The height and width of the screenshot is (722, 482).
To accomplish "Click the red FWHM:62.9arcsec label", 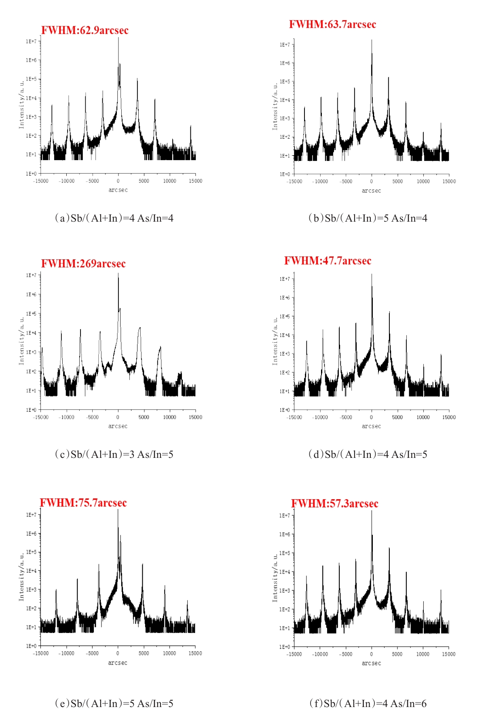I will click(85, 30).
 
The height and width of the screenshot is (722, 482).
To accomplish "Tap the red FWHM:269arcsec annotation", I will click(83, 264).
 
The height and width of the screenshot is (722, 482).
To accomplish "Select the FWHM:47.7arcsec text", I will click(328, 261).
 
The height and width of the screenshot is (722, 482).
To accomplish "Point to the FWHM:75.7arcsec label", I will click(83, 503).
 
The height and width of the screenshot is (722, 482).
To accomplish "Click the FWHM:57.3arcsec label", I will click(334, 504).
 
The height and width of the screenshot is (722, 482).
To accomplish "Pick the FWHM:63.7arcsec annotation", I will click(332, 24).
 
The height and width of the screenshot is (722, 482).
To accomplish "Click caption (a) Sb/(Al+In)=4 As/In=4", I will click(114, 218).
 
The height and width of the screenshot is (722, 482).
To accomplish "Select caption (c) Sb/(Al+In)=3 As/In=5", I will click(114, 455).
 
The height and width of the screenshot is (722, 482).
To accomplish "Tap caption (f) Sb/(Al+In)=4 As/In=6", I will click(368, 704).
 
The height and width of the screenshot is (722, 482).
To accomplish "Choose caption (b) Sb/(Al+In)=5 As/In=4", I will click(368, 218).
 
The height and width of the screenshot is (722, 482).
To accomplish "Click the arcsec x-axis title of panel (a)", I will click(118, 190).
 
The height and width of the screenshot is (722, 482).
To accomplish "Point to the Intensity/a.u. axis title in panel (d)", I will click(275, 341).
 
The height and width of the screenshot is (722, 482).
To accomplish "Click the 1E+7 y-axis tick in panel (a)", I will click(31, 41).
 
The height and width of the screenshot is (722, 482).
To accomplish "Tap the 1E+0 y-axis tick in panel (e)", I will click(31, 646).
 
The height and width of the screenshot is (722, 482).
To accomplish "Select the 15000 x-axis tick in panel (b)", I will click(449, 182).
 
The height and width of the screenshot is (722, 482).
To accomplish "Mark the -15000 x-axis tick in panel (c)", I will click(40, 417).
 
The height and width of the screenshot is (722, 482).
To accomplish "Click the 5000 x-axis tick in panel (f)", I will click(397, 654).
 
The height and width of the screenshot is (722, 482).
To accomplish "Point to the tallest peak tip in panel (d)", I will click(372, 275).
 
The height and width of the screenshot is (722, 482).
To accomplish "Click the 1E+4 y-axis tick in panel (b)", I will click(285, 100).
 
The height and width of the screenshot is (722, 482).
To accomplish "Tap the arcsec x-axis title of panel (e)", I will click(118, 663).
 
